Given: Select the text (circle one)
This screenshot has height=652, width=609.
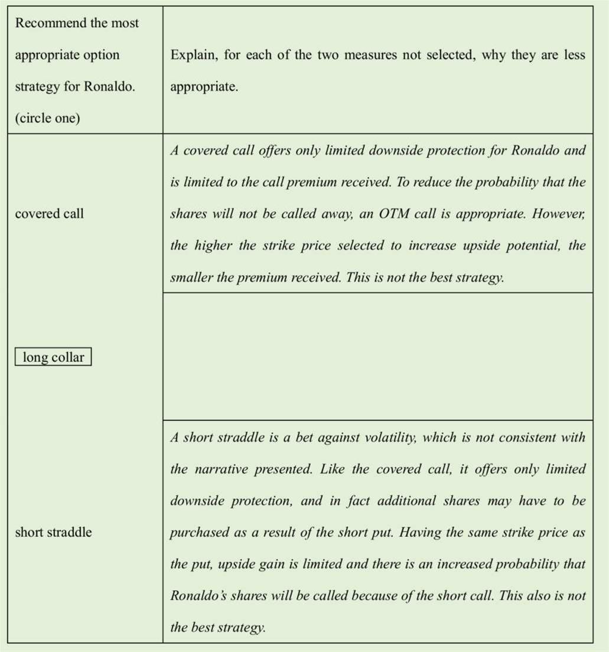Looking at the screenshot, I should click(47, 118).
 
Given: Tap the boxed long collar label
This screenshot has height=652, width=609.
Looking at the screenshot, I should click(53, 357).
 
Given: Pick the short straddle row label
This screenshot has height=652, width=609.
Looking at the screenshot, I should click(53, 532).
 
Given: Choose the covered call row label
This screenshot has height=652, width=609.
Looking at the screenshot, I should click(49, 213).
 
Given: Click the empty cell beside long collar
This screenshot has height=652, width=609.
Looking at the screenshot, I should click(377, 356).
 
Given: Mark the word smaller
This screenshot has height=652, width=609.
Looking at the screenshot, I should click(191, 278).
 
